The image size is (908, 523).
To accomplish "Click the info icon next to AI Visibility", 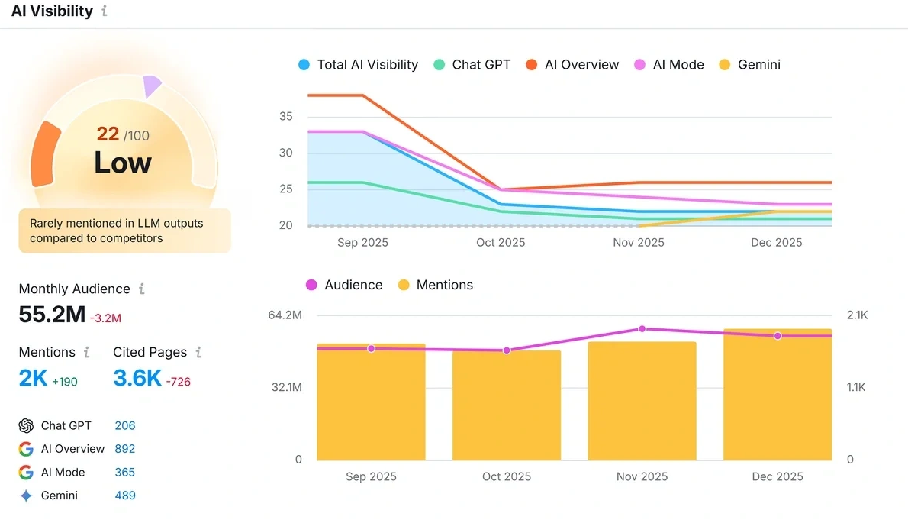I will point(105,11).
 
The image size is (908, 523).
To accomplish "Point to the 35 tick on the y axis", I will point(285,117).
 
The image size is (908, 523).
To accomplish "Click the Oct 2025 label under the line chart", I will point(501,243).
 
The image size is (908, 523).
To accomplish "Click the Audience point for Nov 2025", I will point(642,328).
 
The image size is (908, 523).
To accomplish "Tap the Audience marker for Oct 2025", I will point(507,350).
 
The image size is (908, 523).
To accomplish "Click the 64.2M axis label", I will point(285,315).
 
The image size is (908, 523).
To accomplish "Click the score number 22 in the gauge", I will point(108,134).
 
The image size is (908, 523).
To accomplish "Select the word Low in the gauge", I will point(122,163).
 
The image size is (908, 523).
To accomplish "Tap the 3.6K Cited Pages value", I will point(137,377).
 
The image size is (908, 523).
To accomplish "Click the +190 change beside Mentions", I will point(64,381).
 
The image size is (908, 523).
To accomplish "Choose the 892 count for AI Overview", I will point(124,449).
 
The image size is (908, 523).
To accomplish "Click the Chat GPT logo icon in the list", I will point(26,426).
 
